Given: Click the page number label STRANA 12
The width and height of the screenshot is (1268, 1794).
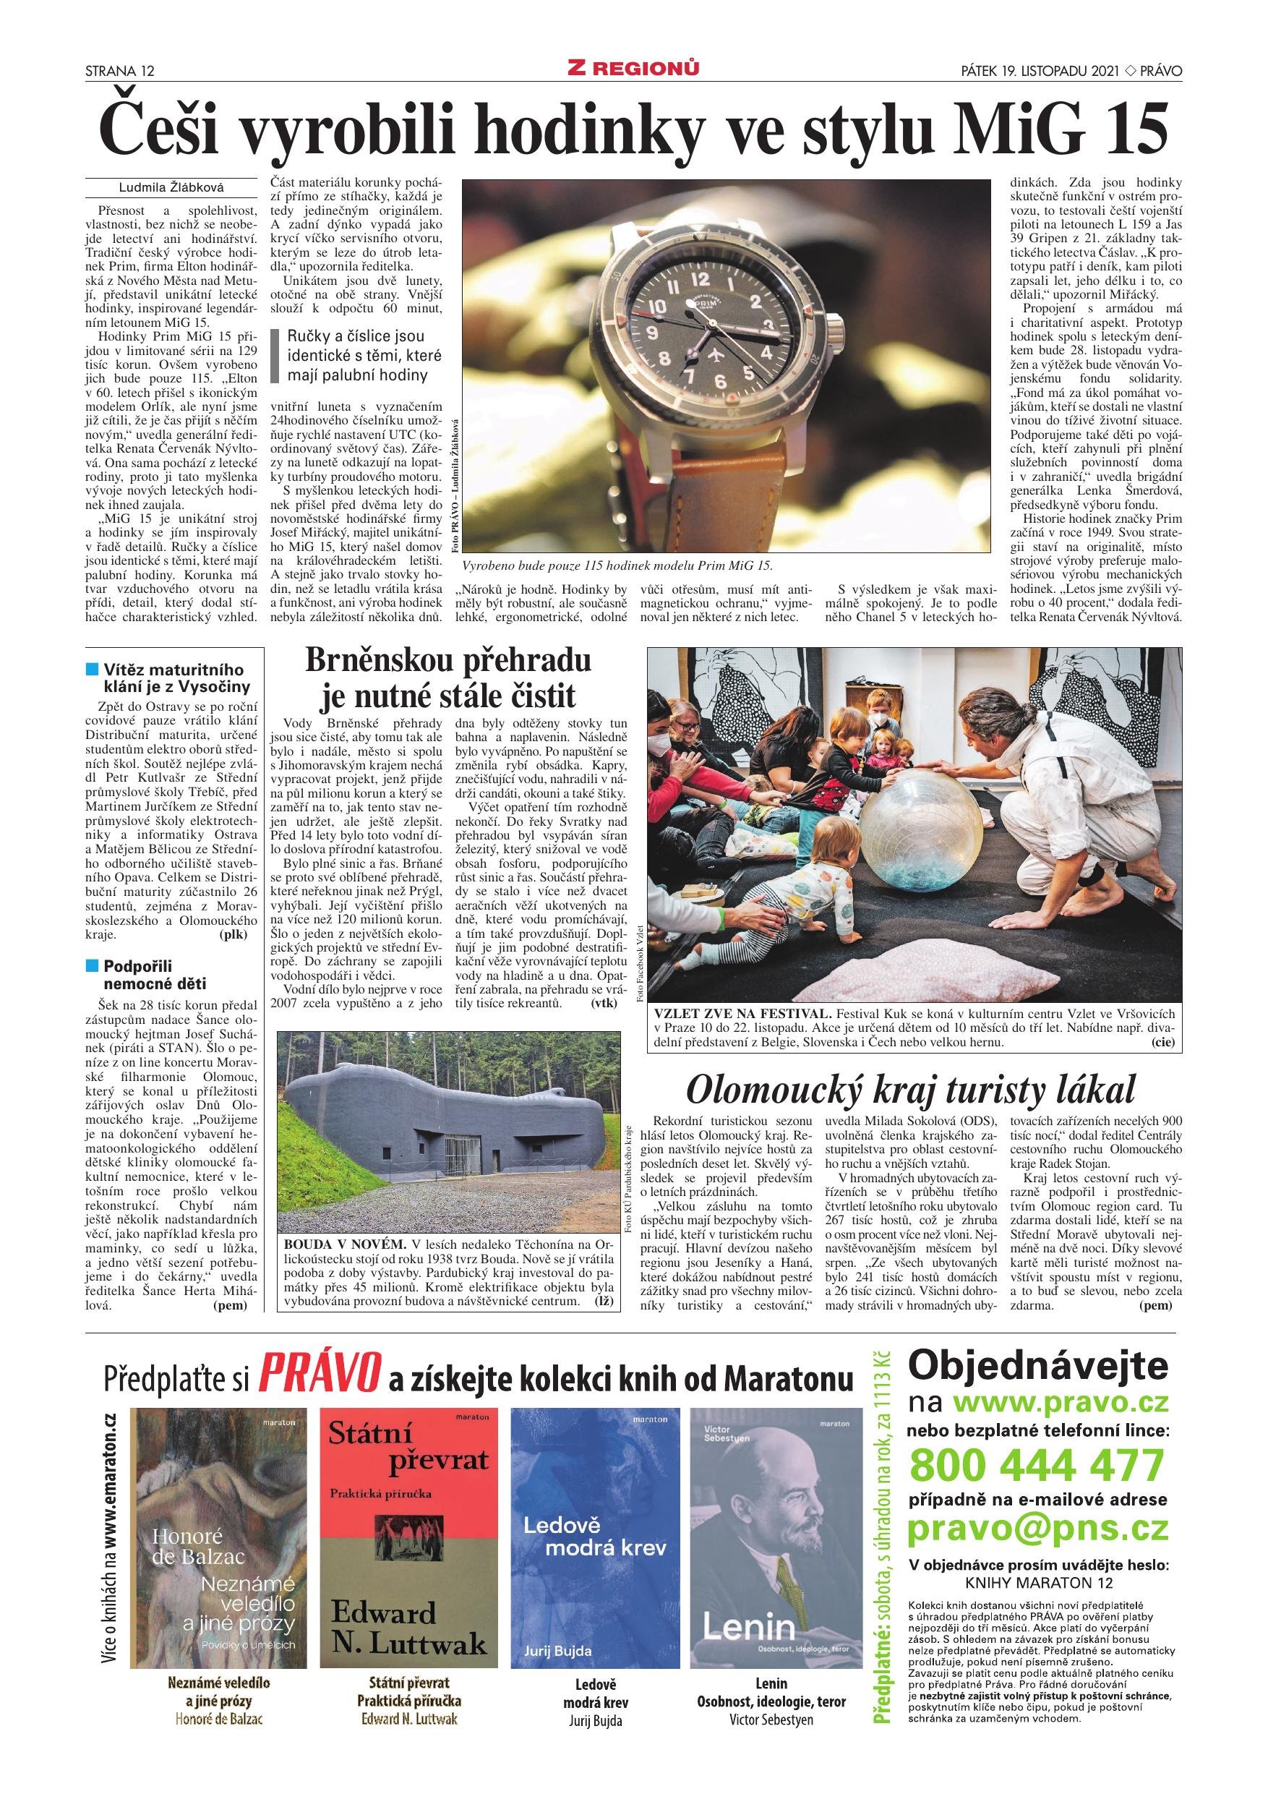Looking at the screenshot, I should (x=119, y=71).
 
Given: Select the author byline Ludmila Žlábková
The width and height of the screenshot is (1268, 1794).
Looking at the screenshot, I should (x=171, y=187).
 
